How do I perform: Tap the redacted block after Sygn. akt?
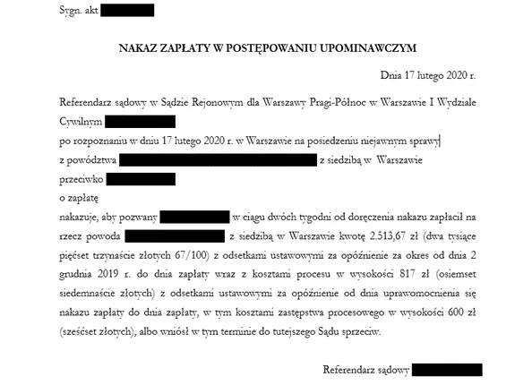pos(127,11)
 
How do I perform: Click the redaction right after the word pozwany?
pos(194,217)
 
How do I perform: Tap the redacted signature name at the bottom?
pos(448,370)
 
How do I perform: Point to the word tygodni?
pos(297,217)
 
